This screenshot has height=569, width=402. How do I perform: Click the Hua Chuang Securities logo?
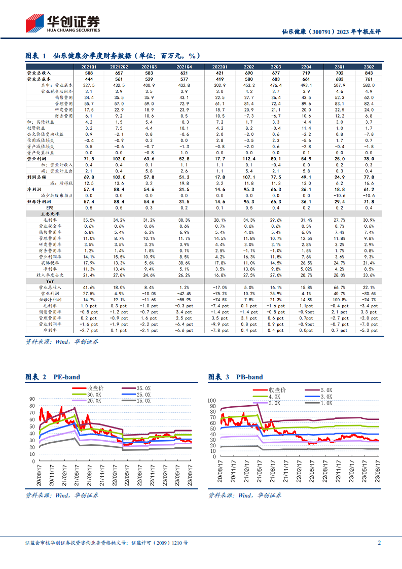click(63, 24)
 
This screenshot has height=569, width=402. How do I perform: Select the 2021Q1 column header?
click(89, 67)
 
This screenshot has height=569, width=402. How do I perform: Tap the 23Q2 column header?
click(369, 67)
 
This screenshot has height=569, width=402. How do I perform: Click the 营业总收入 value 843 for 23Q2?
click(369, 73)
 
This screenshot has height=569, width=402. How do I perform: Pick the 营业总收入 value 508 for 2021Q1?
click(89, 73)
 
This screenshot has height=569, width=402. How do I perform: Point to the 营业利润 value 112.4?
click(249, 159)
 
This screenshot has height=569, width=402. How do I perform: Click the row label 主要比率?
click(50, 214)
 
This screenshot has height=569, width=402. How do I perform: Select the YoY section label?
click(50, 281)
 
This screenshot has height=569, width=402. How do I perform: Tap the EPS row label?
click(50, 207)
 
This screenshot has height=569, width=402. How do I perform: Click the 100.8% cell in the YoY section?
click(340, 300)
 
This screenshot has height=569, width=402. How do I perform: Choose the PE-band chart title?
click(67, 377)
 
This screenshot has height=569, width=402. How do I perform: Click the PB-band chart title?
click(249, 377)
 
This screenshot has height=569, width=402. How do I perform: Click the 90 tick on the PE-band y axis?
click(32, 399)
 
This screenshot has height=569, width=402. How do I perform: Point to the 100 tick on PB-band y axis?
click(211, 401)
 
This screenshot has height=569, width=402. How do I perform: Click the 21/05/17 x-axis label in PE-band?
click(77, 475)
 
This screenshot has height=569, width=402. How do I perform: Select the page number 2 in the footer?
click(380, 543)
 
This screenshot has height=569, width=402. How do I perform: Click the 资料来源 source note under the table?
click(62, 341)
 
